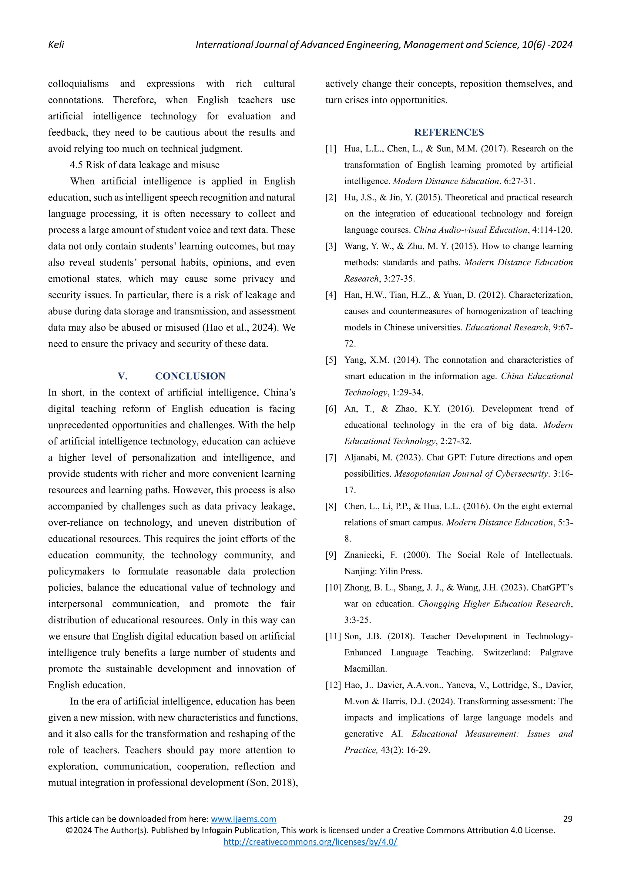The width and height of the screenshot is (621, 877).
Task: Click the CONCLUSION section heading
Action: coord(190,376)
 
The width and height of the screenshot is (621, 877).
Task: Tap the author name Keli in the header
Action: coord(56,45)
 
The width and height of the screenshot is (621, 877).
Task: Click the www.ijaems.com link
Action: coord(243,819)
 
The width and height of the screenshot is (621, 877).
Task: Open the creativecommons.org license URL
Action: coord(310,842)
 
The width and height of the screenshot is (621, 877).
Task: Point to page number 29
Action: coord(567,819)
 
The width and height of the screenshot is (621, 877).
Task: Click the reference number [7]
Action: coord(331,458)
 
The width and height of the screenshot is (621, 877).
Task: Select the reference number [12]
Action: coord(333,685)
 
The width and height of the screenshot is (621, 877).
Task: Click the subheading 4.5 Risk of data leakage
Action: coord(145,165)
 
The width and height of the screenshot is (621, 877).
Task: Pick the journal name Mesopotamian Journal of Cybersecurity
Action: coord(472,474)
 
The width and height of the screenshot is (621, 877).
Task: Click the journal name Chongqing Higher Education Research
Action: coord(494,604)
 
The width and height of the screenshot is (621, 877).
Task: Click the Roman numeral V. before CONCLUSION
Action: coord(123,376)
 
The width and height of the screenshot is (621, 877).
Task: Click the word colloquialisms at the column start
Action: coord(79,84)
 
